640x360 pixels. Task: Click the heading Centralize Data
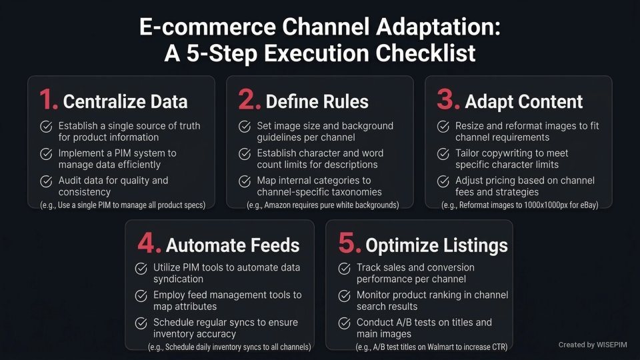125,101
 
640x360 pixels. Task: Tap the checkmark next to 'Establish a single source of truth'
46,127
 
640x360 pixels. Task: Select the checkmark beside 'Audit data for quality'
46,181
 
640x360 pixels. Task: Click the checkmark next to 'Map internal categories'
245,181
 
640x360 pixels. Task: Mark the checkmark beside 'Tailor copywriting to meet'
443,154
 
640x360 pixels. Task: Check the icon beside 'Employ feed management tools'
141,296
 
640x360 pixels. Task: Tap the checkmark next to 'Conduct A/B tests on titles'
344,323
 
